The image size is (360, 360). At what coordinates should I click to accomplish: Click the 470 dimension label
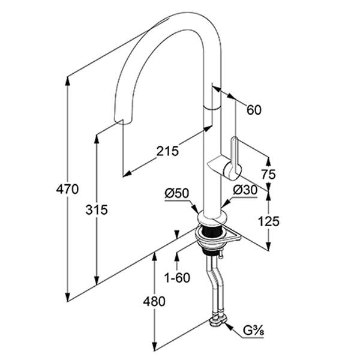[67, 190]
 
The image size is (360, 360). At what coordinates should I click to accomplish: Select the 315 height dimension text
[97, 209]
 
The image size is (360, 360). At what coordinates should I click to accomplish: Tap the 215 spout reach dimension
[167, 151]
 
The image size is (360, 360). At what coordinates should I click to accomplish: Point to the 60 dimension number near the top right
[254, 110]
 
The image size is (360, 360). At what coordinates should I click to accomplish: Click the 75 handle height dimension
[268, 174]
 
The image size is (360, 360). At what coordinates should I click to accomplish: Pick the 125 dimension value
[269, 221]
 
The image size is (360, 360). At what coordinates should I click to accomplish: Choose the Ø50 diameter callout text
[177, 193]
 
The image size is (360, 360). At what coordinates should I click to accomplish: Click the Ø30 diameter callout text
[245, 190]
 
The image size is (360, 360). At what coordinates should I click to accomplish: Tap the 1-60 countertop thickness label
[177, 278]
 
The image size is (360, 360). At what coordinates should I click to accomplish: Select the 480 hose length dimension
[154, 301]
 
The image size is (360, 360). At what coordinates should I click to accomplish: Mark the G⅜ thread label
[253, 331]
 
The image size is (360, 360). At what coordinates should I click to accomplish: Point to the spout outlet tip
[123, 121]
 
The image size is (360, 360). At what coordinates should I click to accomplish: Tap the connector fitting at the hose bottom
[218, 320]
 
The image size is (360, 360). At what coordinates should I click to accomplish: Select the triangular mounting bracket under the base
[231, 236]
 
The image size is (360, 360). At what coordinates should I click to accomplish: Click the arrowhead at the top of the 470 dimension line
[67, 81]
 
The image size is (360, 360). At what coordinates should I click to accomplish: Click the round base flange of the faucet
[212, 218]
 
